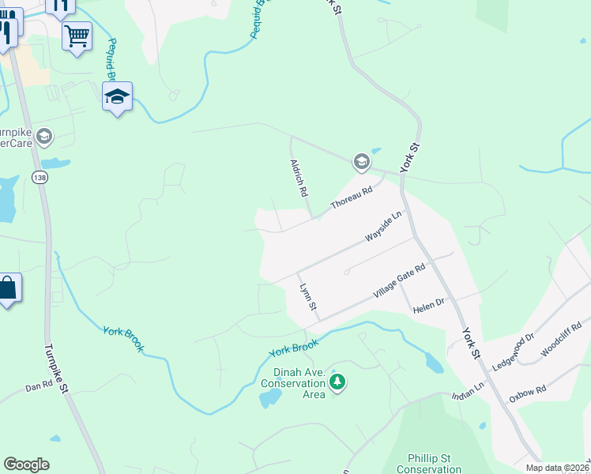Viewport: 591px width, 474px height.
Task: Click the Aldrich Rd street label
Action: pyautogui.click(x=298, y=177)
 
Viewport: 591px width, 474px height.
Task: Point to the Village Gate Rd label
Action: pyautogui.click(x=400, y=282)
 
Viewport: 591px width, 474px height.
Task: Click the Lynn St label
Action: pyautogui.click(x=307, y=296)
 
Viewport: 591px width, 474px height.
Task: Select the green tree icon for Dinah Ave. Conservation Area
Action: pyautogui.click(x=338, y=383)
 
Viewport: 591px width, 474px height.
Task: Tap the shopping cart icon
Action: pyautogui.click(x=77, y=35)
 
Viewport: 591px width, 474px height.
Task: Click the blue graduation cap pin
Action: pyautogui.click(x=117, y=97)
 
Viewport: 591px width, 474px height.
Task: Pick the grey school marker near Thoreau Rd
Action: pyautogui.click(x=361, y=163)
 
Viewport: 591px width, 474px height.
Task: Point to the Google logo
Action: pyautogui.click(x=26, y=465)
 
